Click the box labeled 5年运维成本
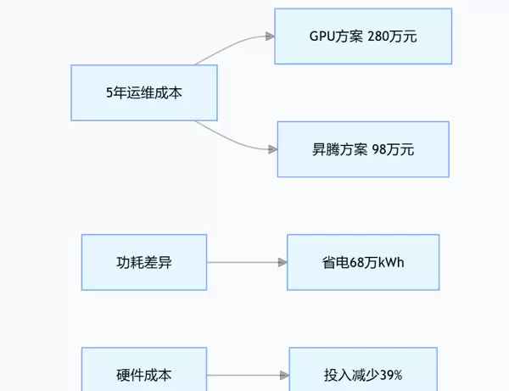(x=144, y=92)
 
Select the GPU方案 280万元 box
(x=363, y=36)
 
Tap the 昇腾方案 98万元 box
(x=363, y=149)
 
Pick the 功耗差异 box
(x=144, y=262)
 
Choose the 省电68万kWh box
(x=363, y=262)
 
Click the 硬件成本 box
(x=144, y=374)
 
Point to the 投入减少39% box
(x=363, y=374)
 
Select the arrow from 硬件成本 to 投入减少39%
(x=246, y=374)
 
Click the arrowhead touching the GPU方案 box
(x=270, y=36)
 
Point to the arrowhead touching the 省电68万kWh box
(x=282, y=262)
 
